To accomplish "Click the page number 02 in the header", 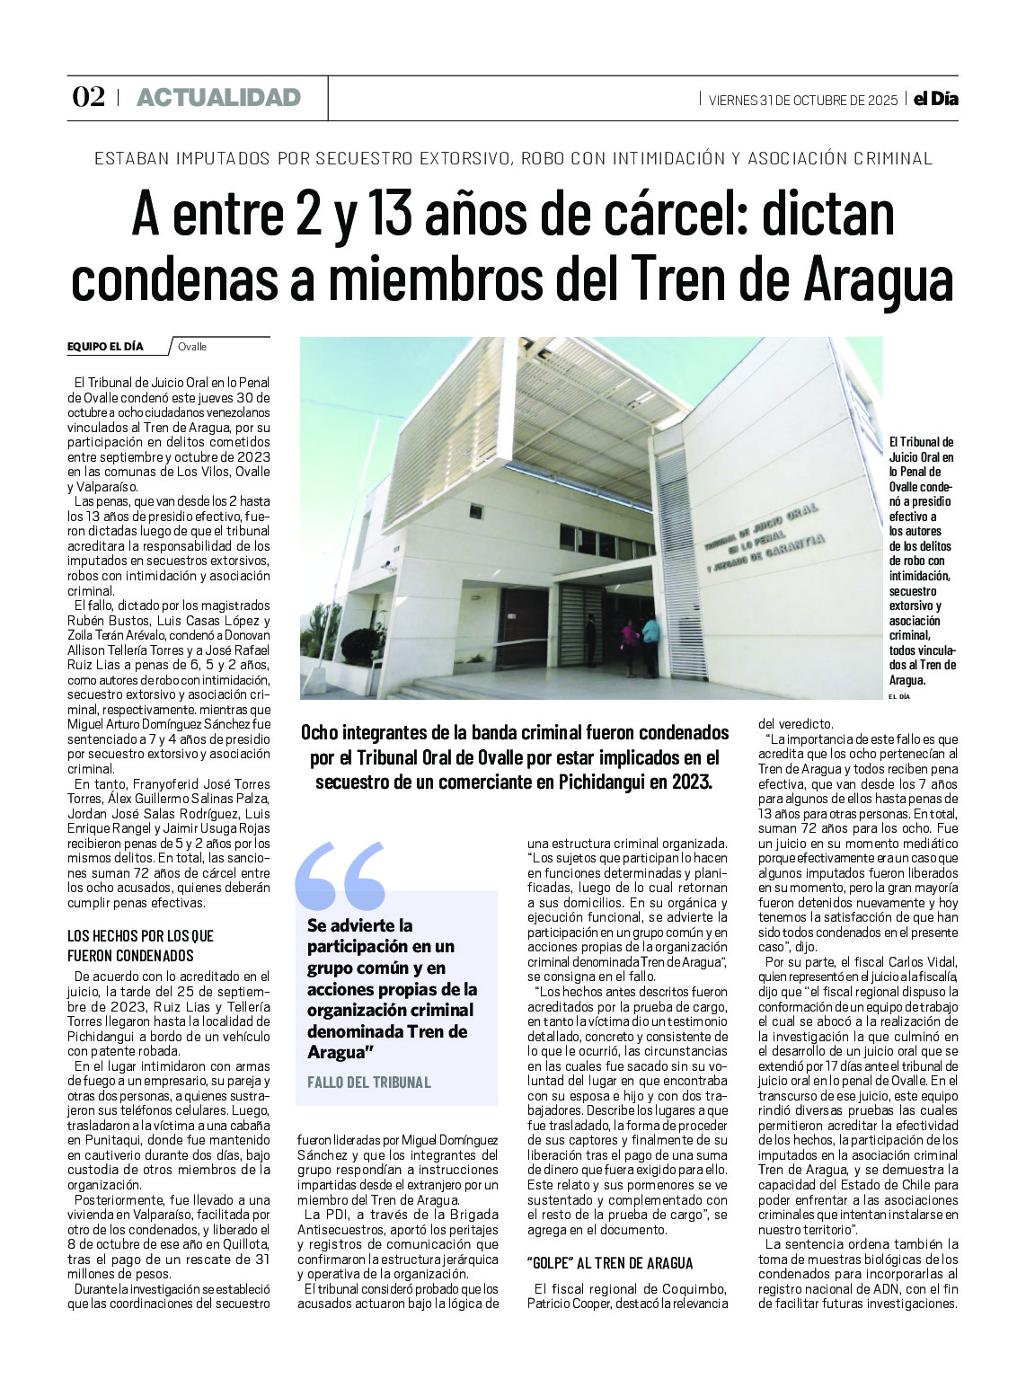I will pos(88,97).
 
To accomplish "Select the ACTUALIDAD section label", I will pos(218,98).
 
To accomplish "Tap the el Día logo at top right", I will pos(935,99).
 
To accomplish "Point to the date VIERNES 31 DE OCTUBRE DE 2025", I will pos(802,100).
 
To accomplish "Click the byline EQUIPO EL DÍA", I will pos(105,347).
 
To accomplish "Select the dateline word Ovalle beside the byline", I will pos(192,347).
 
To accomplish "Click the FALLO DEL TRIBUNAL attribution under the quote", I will pos(368,1083).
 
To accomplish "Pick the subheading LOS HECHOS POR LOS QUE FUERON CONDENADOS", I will pos(142,946).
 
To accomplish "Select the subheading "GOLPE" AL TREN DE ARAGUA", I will pos(610,1263).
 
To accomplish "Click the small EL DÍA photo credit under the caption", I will pos(898,696).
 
